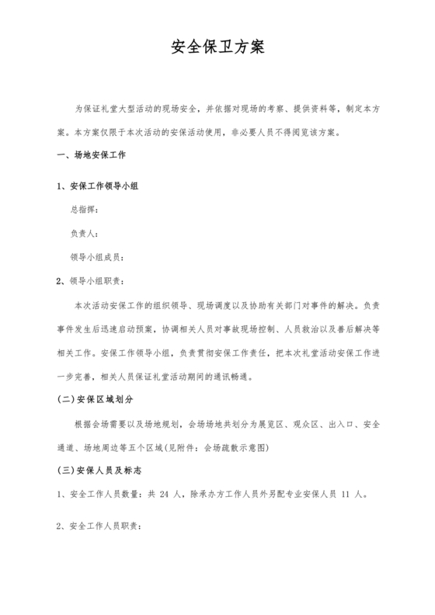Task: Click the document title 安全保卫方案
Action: coord(217,47)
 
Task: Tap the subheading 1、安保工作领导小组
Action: coord(99,186)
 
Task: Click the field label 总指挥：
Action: coord(85,210)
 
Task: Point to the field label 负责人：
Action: coord(85,233)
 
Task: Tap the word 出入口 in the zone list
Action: coord(341,425)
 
